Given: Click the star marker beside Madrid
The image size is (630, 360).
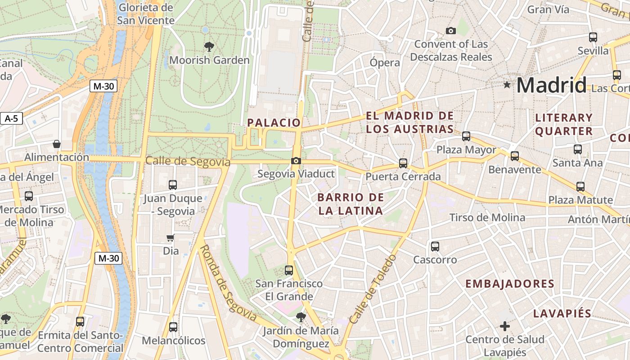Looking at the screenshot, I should coord(507,84).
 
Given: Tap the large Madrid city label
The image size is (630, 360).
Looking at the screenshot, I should coord(551,85).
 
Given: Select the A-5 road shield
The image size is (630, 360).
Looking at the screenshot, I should coord(11,119).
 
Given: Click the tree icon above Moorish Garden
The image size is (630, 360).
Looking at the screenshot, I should coord(209,46).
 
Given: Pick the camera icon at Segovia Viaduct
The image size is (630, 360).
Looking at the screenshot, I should coord(296,161).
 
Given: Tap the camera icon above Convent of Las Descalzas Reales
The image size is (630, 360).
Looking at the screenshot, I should coord(450,31).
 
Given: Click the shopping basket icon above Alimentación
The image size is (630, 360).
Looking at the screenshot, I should coord(57,144).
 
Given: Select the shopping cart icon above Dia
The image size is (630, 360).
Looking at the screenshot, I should coord(171,238).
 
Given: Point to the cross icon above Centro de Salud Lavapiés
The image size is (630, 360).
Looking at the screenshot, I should coord(505,326).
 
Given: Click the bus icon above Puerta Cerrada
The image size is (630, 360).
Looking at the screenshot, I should coord(403,163).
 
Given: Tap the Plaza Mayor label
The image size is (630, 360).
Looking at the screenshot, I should coord(466,150).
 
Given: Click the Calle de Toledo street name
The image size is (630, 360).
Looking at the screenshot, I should coord(373,289).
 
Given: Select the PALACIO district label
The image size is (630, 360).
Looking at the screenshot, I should coord(274,122).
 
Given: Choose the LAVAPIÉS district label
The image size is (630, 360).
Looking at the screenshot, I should coord(562,314).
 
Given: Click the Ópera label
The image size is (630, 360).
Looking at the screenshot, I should coord(385,63).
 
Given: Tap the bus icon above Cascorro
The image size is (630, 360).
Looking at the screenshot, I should coord(435,247).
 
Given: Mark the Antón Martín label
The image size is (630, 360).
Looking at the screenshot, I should coord(598,220).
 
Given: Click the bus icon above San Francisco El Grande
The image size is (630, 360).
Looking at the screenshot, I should coord(289,270).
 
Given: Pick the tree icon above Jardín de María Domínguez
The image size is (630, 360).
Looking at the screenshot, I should coord(301,317).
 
